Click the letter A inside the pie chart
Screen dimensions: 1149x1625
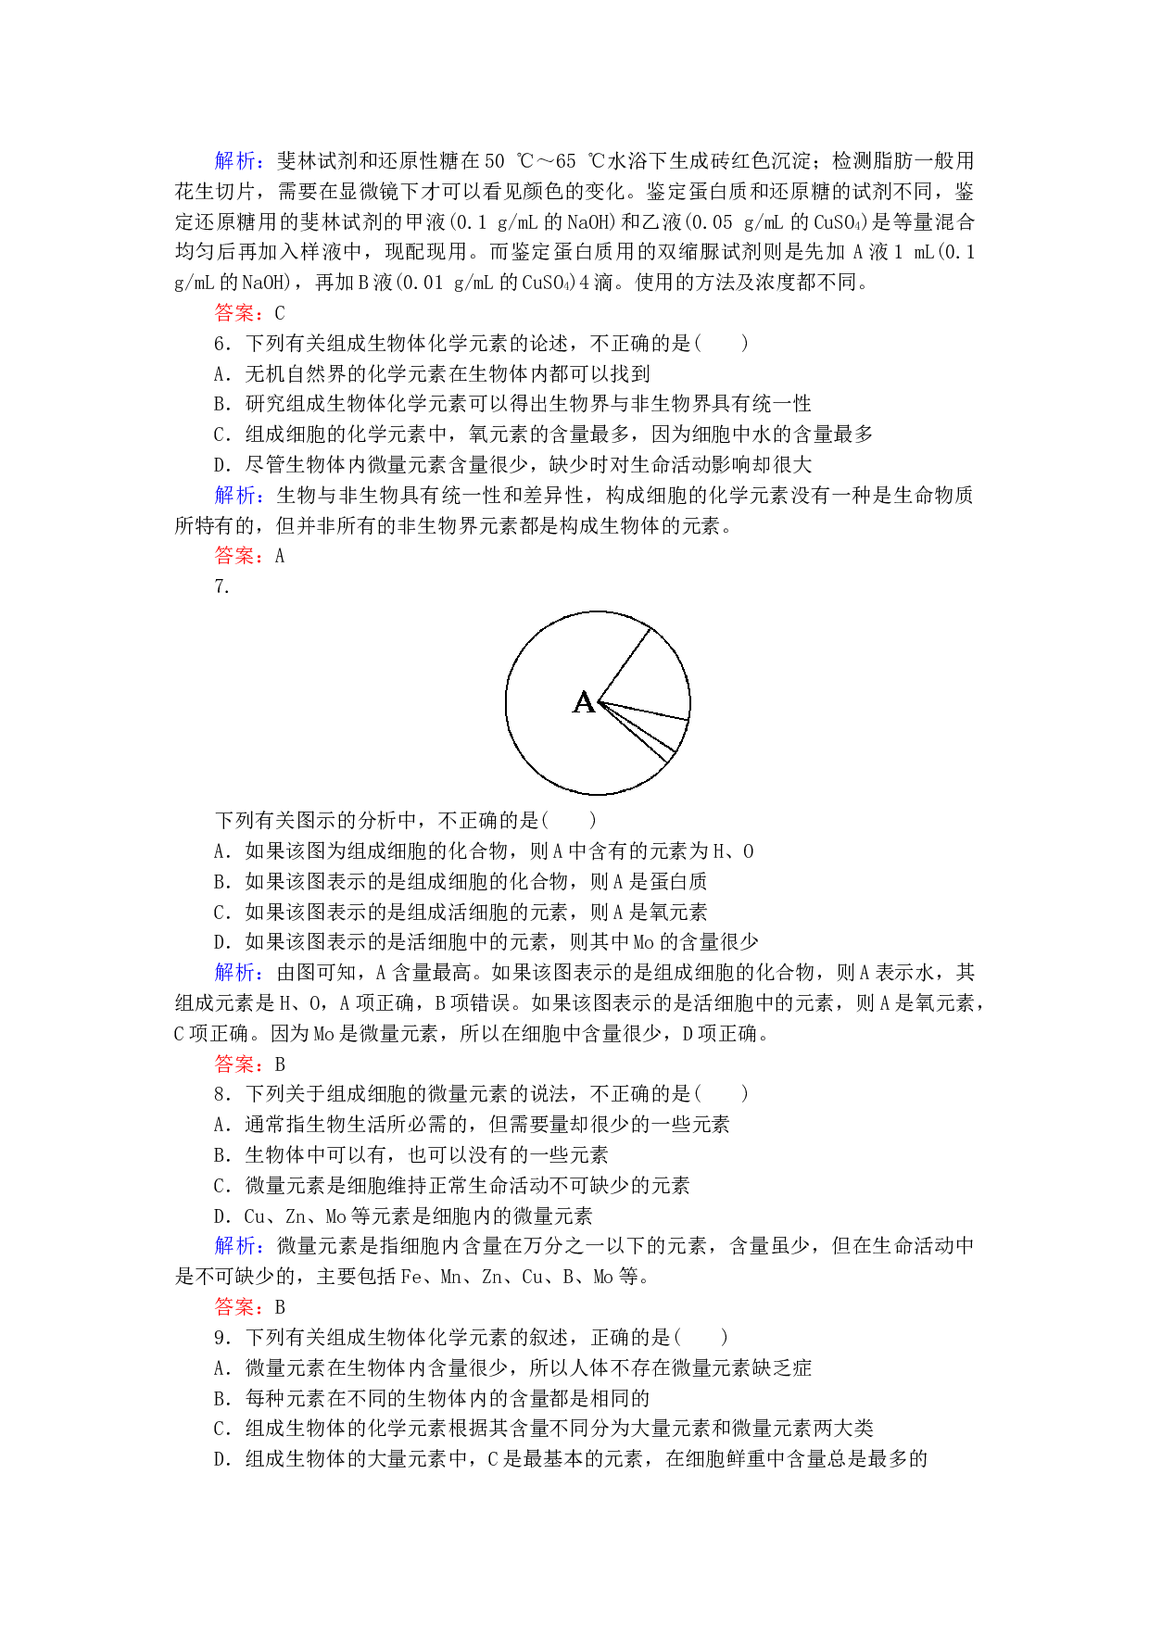click(584, 702)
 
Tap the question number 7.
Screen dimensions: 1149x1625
click(221, 586)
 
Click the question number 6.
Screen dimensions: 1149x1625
click(221, 344)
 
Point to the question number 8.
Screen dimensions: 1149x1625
click(221, 1094)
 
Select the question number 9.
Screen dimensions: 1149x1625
click(221, 1338)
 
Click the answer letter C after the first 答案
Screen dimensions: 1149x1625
click(280, 313)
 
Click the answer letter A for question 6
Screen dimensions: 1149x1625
click(280, 556)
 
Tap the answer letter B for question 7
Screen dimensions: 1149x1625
click(280, 1064)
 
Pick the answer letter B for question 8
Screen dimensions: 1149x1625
click(280, 1307)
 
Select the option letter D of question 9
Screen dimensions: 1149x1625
click(221, 1460)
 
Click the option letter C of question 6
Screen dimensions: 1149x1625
click(221, 435)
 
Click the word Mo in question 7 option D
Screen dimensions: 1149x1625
click(643, 942)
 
